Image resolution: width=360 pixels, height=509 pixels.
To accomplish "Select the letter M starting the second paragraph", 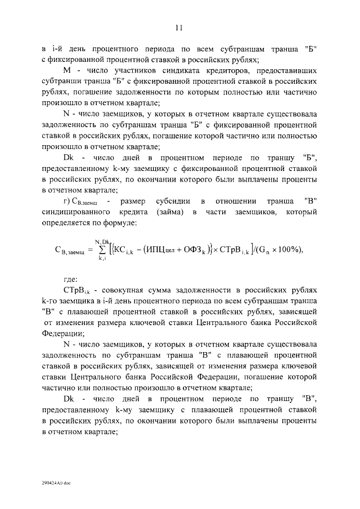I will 66,71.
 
